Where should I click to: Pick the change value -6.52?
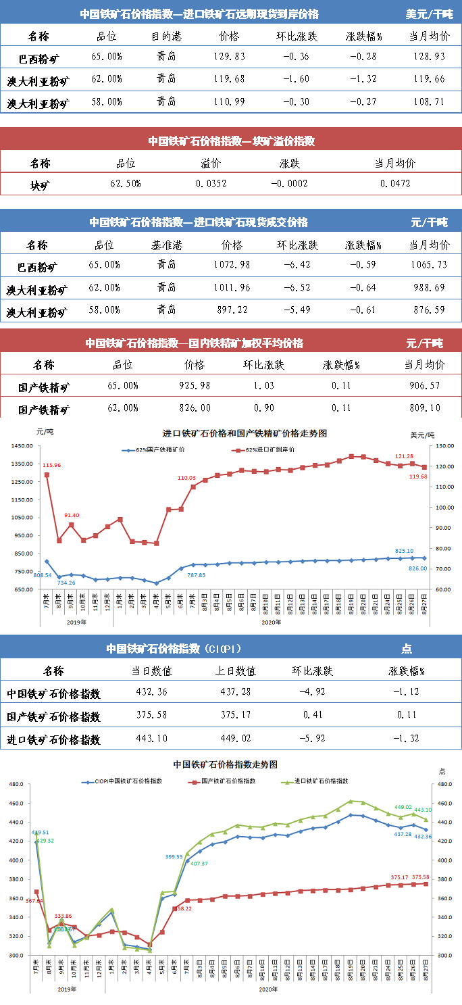point(297,288)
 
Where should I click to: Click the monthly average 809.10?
point(425,408)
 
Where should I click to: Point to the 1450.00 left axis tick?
point(22,446)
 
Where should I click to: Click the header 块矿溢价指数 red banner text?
point(232,141)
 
